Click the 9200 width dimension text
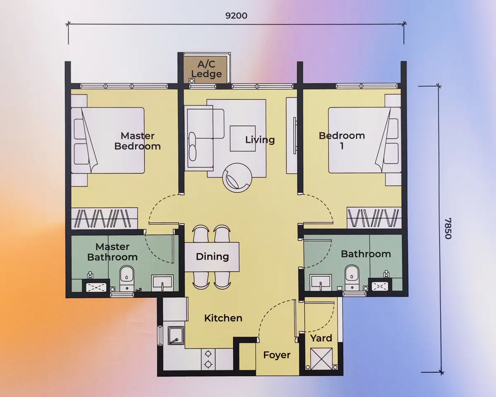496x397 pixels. pyautogui.click(x=236, y=16)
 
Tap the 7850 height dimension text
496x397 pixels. pyautogui.click(x=448, y=228)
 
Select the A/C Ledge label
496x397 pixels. pyautogui.click(x=207, y=69)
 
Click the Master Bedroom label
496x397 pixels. pyautogui.click(x=138, y=141)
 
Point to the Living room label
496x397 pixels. pyautogui.click(x=260, y=139)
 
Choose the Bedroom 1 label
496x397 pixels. pyautogui.click(x=342, y=141)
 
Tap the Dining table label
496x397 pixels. pyautogui.click(x=212, y=256)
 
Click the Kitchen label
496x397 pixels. pyautogui.click(x=223, y=318)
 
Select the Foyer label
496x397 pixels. pyautogui.click(x=277, y=355)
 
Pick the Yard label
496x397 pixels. pyautogui.click(x=321, y=338)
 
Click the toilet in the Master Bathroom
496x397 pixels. pyautogui.click(x=127, y=278)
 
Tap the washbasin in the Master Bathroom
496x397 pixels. pyautogui.click(x=162, y=283)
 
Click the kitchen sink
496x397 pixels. pyautogui.click(x=176, y=336)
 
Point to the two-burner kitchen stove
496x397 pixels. pyautogui.click(x=208, y=359)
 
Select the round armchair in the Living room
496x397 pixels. pyautogui.click(x=237, y=178)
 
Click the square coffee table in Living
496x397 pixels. pyautogui.click(x=243, y=139)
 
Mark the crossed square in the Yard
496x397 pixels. pyautogui.click(x=321, y=359)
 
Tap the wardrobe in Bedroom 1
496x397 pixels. pyautogui.click(x=374, y=218)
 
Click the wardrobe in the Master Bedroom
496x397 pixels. pyautogui.click(x=105, y=218)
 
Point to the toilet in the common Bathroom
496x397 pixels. pyautogui.click(x=352, y=277)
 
